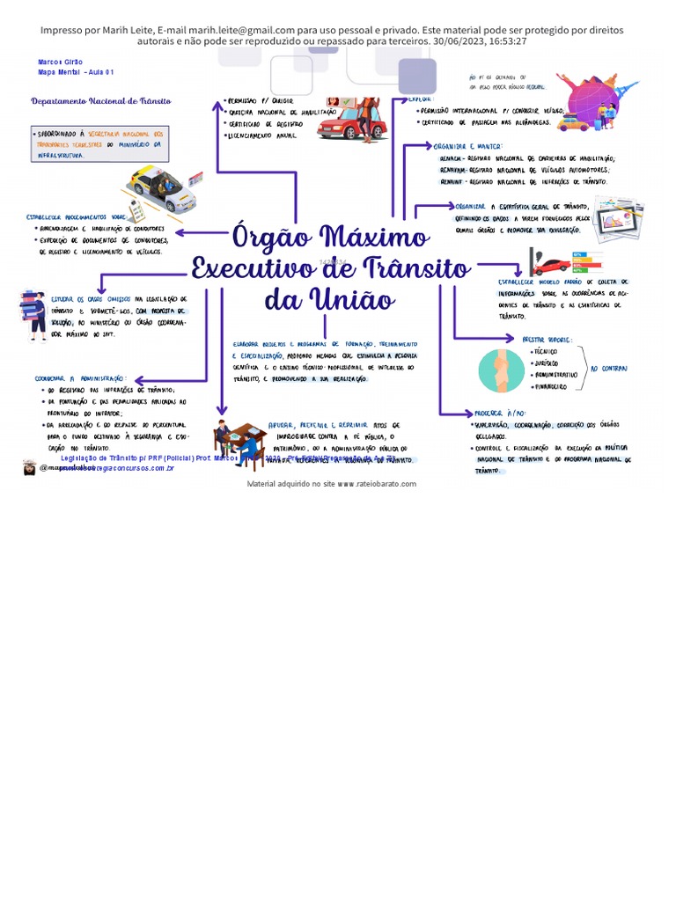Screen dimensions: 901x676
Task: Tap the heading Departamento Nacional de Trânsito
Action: pos(100,101)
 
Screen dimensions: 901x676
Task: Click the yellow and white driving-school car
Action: pos(163,187)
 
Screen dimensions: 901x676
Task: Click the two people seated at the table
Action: pos(238,441)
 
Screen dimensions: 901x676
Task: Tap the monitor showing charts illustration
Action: pos(617,217)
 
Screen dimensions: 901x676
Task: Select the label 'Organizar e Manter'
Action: pos(467,146)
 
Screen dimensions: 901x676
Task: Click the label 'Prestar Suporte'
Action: pos(547,339)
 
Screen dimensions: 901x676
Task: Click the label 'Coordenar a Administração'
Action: pos(80,377)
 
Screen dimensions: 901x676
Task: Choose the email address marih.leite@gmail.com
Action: pos(238,30)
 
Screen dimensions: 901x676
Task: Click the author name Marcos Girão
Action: pos(59,62)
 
